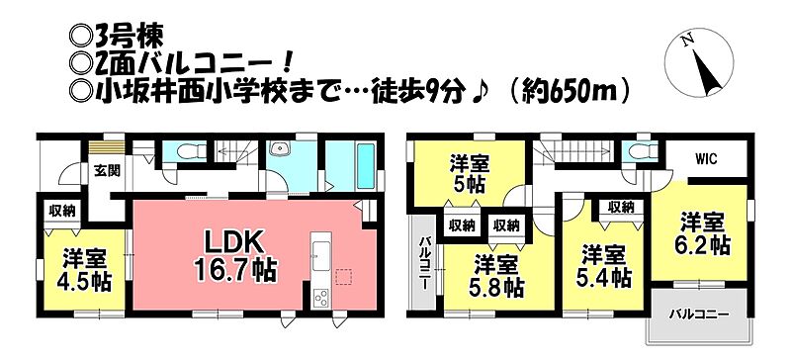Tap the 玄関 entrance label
[107, 171]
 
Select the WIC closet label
[706, 158]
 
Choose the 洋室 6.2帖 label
[702, 233]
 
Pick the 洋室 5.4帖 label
[605, 266]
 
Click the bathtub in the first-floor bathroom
[365, 166]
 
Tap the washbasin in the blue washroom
[279, 149]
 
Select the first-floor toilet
[192, 151]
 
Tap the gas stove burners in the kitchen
[320, 298]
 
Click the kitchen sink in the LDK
[320, 255]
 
